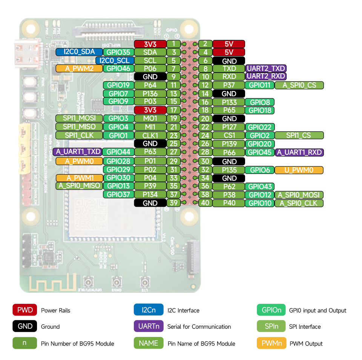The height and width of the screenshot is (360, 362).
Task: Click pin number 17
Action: [x=173, y=110]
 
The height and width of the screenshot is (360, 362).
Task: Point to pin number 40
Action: [x=205, y=203]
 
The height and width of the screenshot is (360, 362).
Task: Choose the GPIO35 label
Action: [x=118, y=52]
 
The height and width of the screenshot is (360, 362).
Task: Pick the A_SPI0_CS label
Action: [x=299, y=85]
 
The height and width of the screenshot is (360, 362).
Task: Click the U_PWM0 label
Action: [x=299, y=170]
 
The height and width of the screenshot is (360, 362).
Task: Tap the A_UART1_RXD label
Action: [x=299, y=152]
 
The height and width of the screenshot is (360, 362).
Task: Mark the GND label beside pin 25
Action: [x=150, y=144]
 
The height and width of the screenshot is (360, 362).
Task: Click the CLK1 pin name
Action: [x=150, y=135]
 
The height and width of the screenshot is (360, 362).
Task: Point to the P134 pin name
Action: [x=150, y=195]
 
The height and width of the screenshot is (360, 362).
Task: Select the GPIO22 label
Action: [x=259, y=127]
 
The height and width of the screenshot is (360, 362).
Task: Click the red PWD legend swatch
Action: [x=25, y=310]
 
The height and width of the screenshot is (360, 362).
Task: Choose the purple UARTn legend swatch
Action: [x=149, y=326]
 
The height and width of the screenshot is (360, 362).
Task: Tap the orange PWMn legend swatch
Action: [x=271, y=343]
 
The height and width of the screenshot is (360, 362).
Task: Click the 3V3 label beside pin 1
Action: [x=150, y=44]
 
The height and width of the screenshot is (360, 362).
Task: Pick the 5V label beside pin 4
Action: [x=229, y=52]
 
